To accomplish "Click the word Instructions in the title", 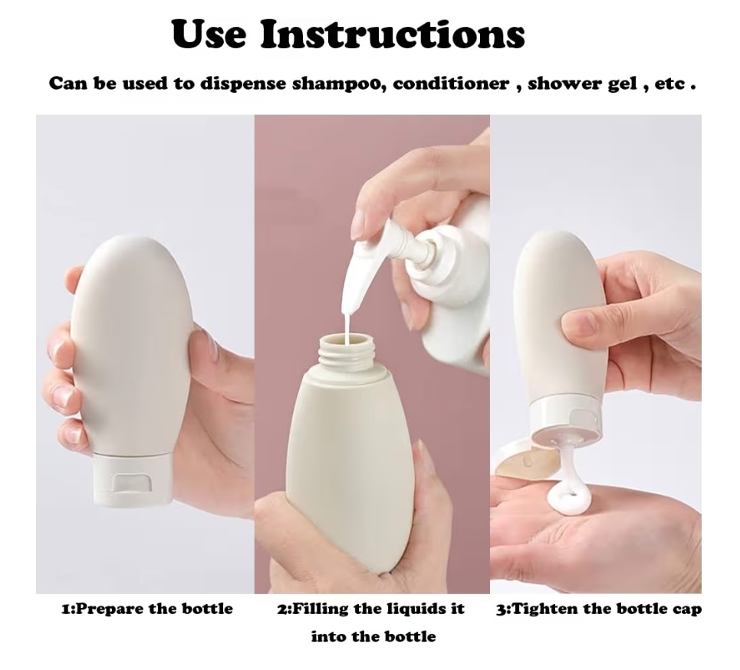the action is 393,34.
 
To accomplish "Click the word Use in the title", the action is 209,34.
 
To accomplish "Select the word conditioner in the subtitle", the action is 451,84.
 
